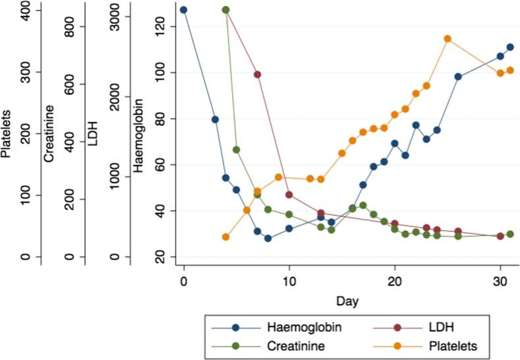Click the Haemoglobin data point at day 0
coord(183,10)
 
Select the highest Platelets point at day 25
coord(448,39)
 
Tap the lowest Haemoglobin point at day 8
coord(268,239)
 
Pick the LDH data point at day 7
coord(257,75)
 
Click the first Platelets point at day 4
coord(225,237)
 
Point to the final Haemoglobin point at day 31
coord(510,47)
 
